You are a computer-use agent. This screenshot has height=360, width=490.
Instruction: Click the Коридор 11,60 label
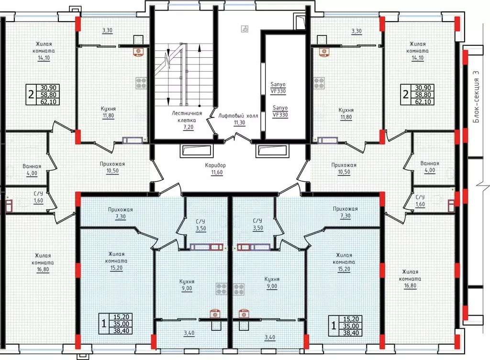point(215,169)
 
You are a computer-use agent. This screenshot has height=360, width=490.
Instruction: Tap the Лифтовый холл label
point(238,116)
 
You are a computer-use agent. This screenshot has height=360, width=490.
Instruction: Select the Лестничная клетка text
point(187,117)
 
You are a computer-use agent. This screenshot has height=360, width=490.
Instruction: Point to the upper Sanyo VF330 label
point(278,88)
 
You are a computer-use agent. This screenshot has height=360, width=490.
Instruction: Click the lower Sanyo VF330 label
point(280,111)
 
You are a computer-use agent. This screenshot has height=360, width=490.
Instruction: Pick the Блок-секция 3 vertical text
point(476,97)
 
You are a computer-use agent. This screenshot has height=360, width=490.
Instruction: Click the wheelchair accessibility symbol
point(245,29)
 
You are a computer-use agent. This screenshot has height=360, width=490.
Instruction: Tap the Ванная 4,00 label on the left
point(32,170)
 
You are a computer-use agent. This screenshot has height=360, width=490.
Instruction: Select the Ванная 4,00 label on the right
point(430,167)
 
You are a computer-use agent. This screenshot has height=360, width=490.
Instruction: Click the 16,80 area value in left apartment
point(43,269)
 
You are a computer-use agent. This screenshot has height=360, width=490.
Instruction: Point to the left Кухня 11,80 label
point(108,112)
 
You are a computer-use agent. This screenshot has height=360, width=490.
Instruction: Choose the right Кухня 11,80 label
point(346,113)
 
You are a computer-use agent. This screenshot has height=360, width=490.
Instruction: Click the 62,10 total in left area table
point(48,101)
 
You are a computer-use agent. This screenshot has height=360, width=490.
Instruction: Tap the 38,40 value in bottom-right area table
point(351,333)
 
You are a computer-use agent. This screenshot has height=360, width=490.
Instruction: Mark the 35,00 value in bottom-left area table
point(121,324)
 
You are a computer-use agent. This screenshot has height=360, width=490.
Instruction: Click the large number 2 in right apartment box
point(406,94)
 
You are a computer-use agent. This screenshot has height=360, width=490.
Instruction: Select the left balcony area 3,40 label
point(189,333)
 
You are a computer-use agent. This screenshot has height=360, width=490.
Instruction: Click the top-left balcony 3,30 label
point(107,30)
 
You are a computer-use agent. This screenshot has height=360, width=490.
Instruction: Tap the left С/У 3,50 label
point(200,225)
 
